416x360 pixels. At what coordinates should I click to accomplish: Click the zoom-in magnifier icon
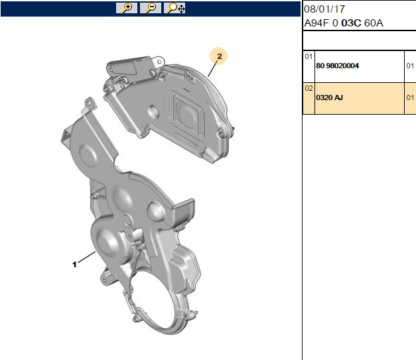(x=127, y=8)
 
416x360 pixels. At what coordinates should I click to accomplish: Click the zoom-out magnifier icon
(x=151, y=8)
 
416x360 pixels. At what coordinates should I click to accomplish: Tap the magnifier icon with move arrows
(x=174, y=8)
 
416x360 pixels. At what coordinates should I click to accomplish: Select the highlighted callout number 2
(x=219, y=56)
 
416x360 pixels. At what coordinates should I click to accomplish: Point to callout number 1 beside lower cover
(x=74, y=265)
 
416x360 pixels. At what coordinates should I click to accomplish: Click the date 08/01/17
(x=324, y=9)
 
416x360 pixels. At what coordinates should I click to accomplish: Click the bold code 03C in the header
(x=351, y=23)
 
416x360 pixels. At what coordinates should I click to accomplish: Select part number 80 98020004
(x=337, y=66)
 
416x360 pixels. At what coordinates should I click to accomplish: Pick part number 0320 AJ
(x=329, y=97)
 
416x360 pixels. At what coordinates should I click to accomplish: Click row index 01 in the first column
(x=309, y=56)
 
